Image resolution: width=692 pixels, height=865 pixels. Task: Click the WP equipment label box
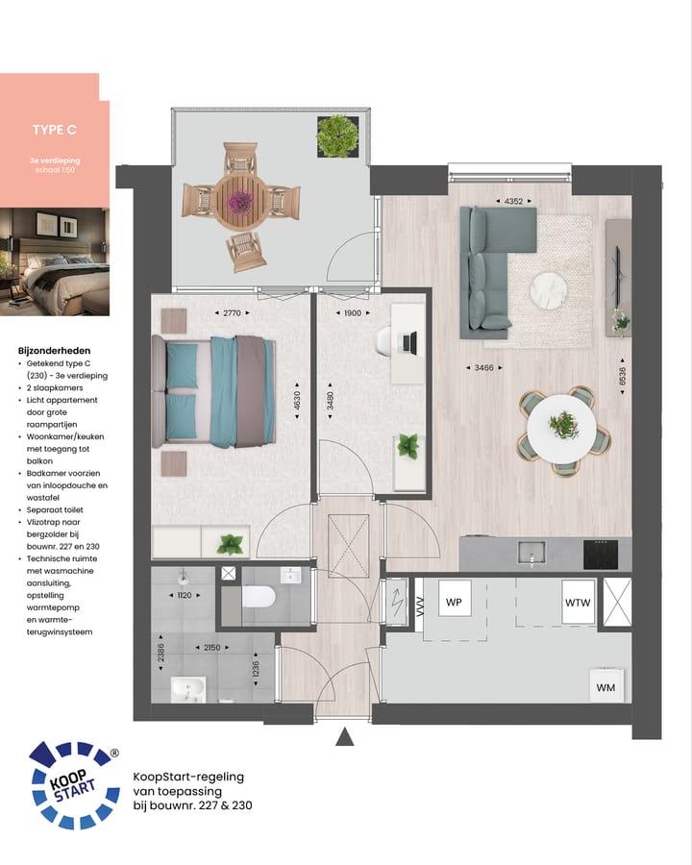[x=454, y=604]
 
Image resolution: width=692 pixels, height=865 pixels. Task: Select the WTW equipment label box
[x=578, y=604]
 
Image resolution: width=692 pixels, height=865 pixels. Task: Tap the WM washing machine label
[x=605, y=687]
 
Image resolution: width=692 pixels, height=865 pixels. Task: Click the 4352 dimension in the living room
[x=514, y=201]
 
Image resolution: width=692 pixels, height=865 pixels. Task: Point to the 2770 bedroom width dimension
[x=231, y=313]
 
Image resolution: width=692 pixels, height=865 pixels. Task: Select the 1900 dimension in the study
[x=352, y=313]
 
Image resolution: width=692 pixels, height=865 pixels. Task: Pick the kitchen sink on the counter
[x=531, y=553]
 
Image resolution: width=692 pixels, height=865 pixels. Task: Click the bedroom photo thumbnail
[x=54, y=262]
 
